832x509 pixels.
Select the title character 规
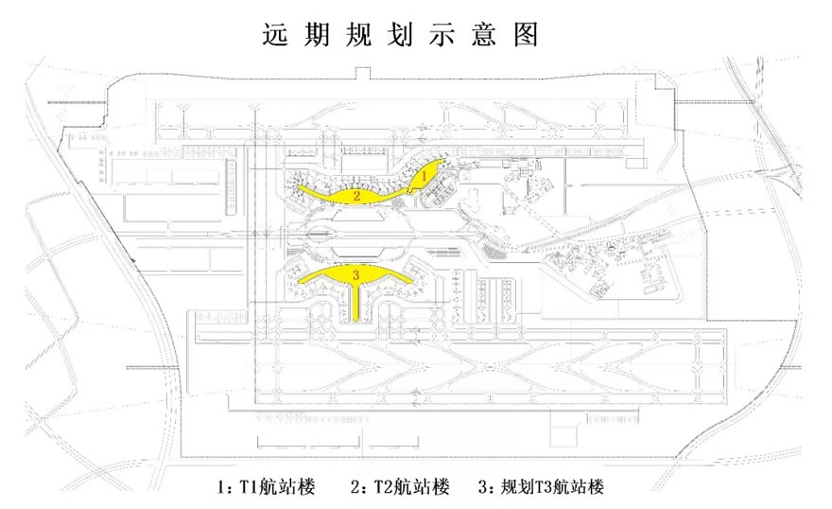[363, 35]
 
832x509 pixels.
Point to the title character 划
[407, 35]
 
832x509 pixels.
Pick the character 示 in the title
[451, 35]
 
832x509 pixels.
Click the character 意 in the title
[494, 35]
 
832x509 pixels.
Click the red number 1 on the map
[425, 175]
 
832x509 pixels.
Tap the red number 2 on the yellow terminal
[356, 196]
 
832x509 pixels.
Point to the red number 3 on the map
[355, 275]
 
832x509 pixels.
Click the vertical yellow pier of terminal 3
[355, 303]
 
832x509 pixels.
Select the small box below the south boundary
[564, 438]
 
